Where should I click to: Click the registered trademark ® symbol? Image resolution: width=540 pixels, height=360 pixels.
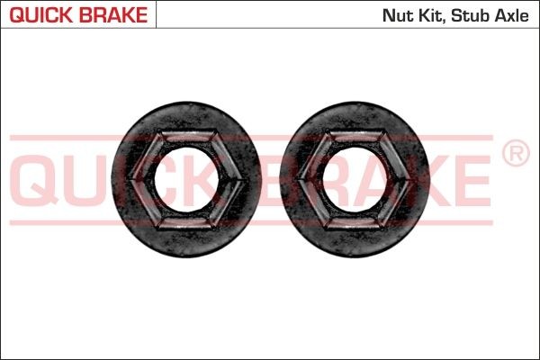tap(514, 155)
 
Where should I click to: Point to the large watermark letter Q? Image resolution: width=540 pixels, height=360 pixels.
tap(34, 179)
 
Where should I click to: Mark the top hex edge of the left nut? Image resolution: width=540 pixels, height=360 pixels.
tap(186, 135)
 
